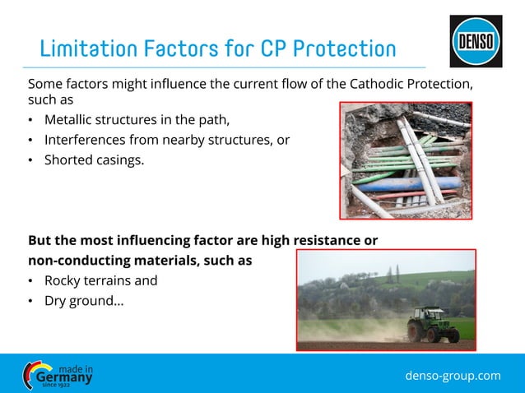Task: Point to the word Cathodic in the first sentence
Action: pyautogui.click(x=359, y=84)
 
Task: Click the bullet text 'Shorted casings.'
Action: pyautogui.click(x=94, y=160)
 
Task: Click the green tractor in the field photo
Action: pyautogui.click(x=433, y=324)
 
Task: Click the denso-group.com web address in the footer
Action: pyautogui.click(x=453, y=376)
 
